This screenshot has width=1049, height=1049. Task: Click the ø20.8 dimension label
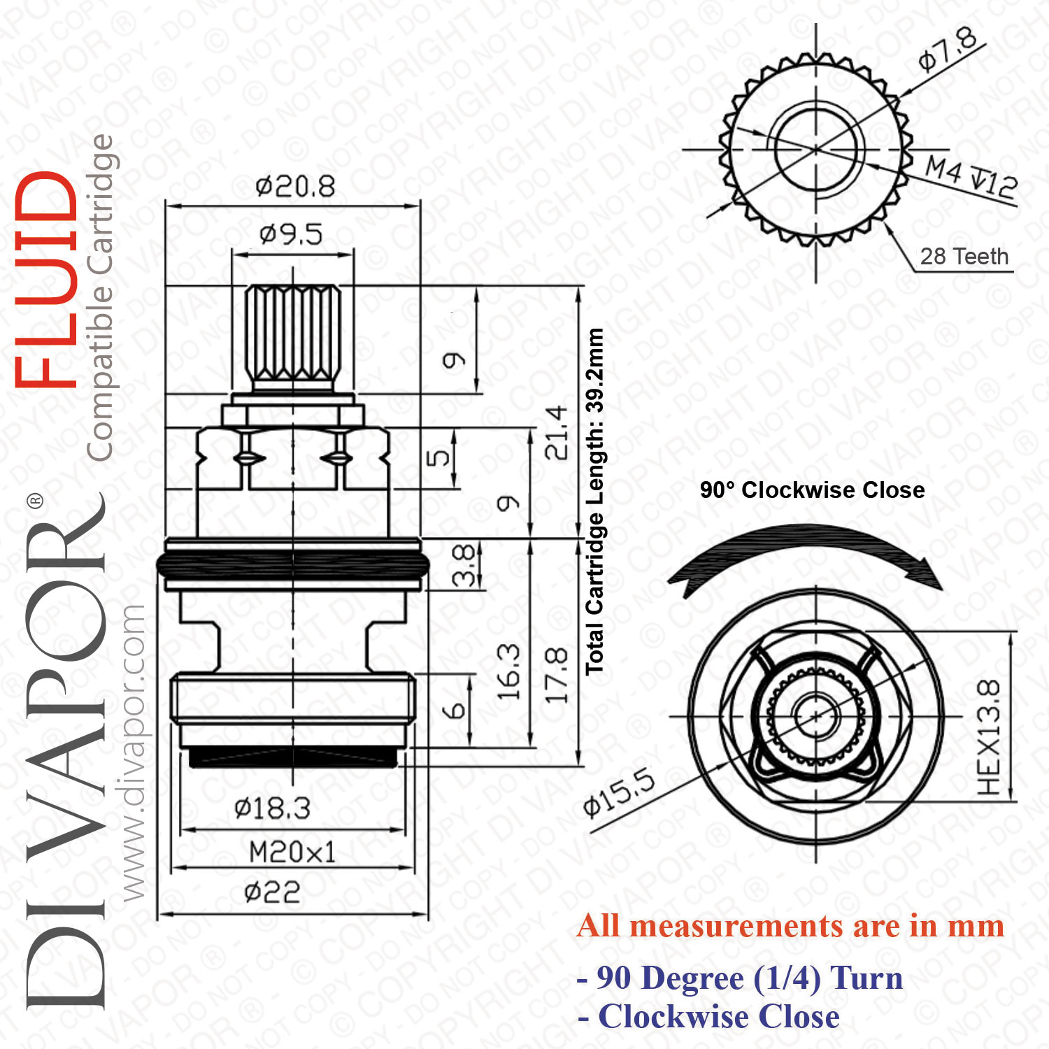(x=295, y=187)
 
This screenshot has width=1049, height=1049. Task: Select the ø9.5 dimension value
(x=291, y=234)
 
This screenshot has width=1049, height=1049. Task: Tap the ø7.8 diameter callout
(x=948, y=50)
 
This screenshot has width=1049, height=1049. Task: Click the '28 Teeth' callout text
(x=964, y=257)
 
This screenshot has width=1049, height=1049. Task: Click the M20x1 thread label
(x=292, y=852)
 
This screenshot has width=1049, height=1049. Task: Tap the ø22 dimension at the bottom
(x=273, y=892)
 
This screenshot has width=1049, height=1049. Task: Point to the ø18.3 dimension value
(x=272, y=808)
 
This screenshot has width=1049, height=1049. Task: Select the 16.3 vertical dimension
(x=508, y=672)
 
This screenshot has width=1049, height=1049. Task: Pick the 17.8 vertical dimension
(x=557, y=676)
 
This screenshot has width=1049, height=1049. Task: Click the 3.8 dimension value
(x=464, y=565)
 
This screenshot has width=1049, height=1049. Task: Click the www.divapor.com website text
(x=133, y=752)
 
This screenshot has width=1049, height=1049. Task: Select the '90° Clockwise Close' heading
(x=813, y=490)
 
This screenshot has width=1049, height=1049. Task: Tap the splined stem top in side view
(x=293, y=336)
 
